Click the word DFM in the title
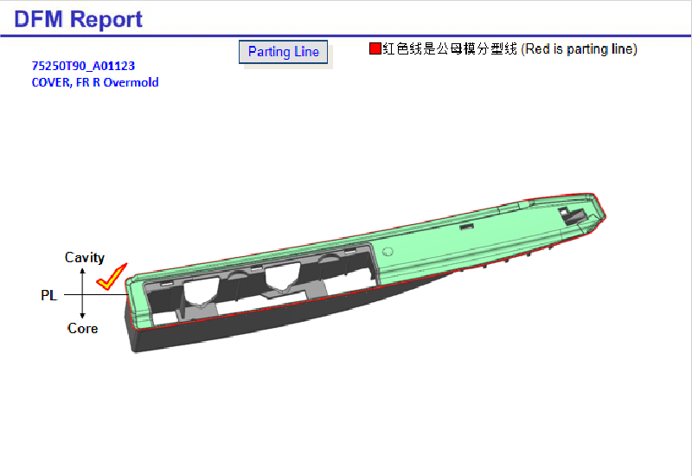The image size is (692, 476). point(38,19)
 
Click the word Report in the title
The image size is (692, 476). point(106,20)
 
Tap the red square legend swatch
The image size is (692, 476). point(375,48)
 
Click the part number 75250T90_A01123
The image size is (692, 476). point(83,66)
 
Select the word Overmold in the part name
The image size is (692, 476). point(131,82)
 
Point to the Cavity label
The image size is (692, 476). point(84,257)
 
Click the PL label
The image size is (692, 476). point(49,295)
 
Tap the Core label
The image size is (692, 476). point(82,328)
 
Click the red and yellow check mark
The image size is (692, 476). point(112,277)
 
